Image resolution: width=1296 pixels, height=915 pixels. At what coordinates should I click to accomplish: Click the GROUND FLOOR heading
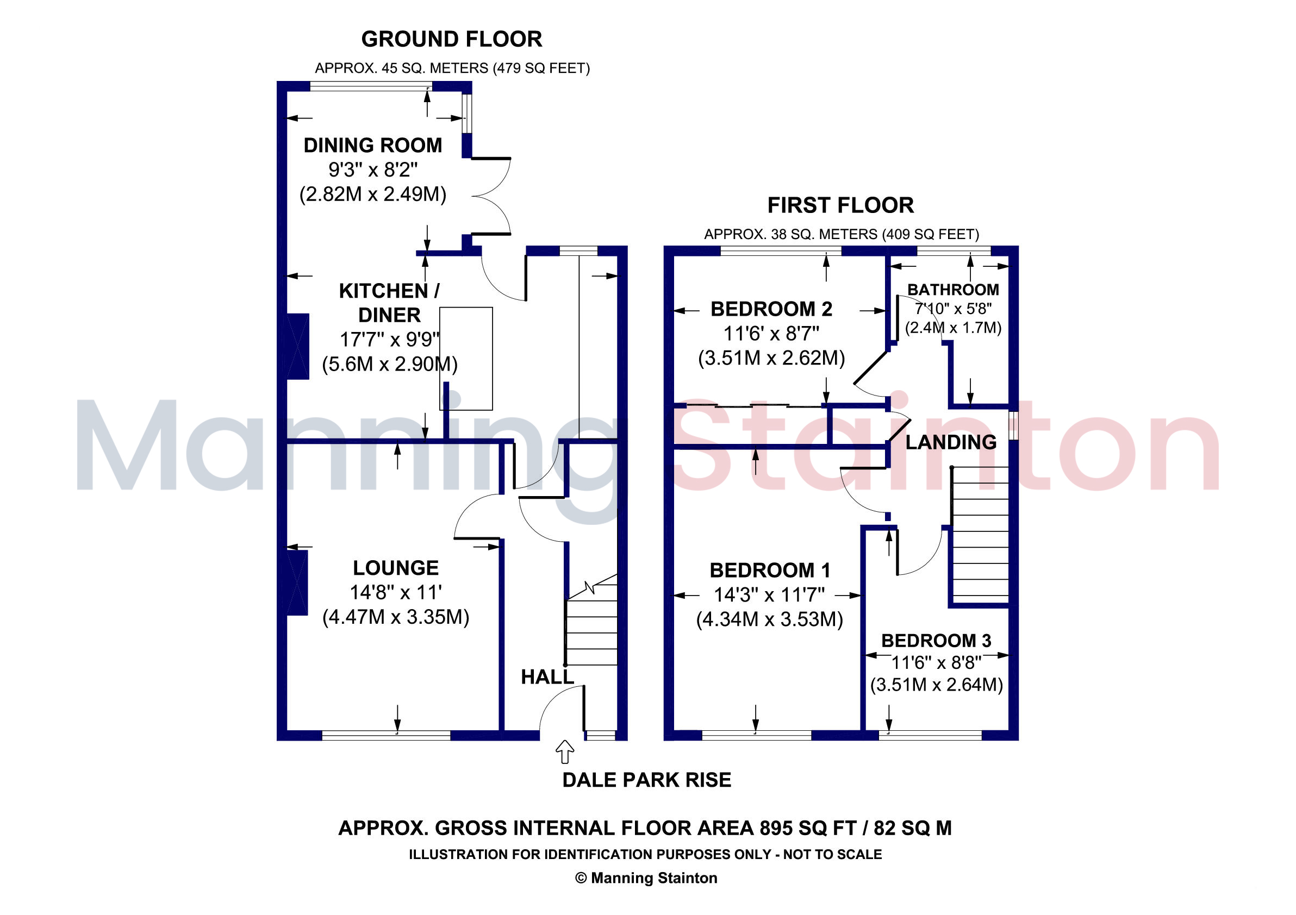[x=452, y=39]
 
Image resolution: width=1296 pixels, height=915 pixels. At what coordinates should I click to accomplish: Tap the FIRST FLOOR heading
[x=840, y=205]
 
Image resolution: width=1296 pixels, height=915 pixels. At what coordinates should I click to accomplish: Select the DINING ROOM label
[x=372, y=145]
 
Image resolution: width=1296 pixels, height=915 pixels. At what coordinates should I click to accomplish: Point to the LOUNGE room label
[x=396, y=567]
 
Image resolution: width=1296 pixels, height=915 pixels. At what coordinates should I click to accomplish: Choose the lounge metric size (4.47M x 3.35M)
[x=396, y=617]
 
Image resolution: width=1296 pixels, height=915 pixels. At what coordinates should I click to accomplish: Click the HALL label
[x=547, y=677]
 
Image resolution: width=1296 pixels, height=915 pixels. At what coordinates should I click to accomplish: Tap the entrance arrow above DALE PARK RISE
[x=565, y=751]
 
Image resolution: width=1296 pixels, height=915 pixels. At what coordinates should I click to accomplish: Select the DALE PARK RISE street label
[x=647, y=780]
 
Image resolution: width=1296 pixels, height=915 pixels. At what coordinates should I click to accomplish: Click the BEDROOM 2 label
[x=771, y=309]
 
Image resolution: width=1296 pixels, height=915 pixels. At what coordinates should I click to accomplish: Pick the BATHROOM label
[x=953, y=290]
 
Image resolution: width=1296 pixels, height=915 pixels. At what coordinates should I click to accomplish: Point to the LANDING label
[x=951, y=442]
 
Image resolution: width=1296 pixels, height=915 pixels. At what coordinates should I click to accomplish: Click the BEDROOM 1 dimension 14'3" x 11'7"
[x=769, y=594]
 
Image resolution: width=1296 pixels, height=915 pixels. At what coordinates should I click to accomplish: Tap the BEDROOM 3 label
[x=937, y=640]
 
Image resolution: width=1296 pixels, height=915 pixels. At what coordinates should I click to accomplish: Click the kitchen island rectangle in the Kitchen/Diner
[x=466, y=358]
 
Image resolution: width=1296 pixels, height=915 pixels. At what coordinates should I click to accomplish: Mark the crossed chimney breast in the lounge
[x=297, y=582]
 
